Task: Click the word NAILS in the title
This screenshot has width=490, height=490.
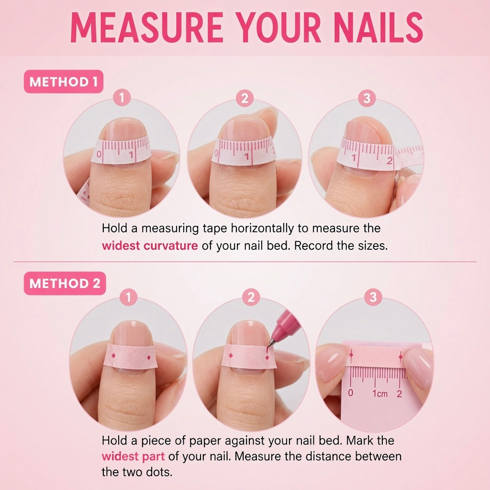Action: tap(378, 27)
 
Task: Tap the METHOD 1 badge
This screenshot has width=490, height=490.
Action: tap(64, 81)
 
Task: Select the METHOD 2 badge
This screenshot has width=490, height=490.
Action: tap(65, 283)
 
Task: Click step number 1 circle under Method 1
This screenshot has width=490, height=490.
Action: tap(122, 98)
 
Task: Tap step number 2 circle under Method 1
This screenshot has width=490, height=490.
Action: tap(245, 98)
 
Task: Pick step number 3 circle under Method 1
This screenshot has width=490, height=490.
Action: tap(367, 98)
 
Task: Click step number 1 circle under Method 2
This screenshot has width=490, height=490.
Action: tap(128, 297)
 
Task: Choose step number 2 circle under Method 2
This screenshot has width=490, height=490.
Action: tap(251, 297)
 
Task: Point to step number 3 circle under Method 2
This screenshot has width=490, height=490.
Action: tap(373, 297)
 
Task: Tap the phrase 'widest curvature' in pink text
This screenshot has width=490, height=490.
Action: tap(150, 245)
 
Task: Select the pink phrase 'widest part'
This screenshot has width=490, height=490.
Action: tap(133, 456)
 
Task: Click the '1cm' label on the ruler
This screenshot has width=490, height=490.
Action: tap(379, 393)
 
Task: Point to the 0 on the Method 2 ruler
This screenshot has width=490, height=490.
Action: tap(351, 393)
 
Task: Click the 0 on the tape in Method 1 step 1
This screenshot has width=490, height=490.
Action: tap(99, 154)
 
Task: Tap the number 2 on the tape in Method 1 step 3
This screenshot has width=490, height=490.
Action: tap(390, 161)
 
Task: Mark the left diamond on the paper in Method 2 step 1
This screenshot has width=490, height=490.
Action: tap(113, 356)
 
